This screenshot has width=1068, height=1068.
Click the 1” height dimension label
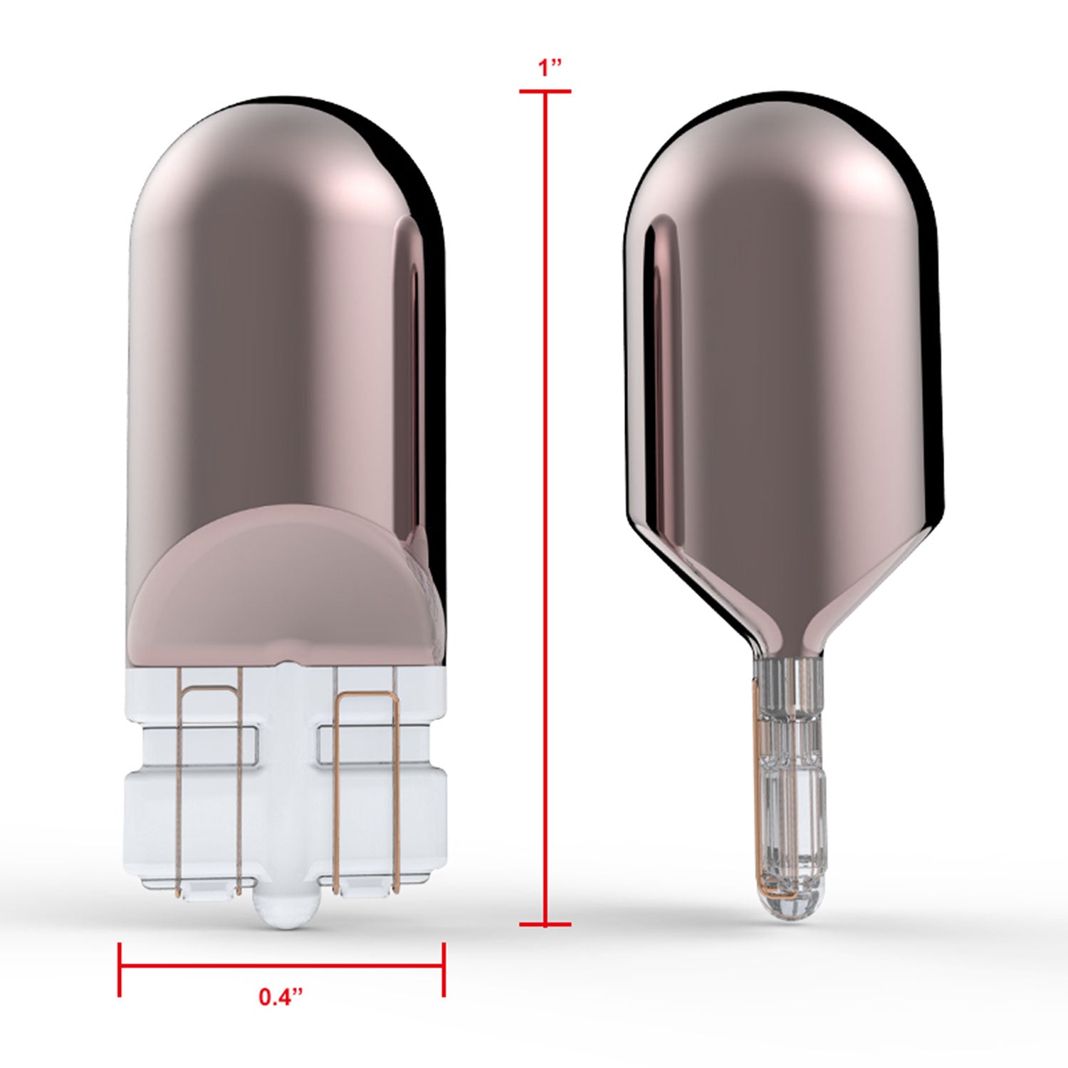click(x=550, y=68)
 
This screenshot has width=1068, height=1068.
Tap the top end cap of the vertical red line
click(x=545, y=92)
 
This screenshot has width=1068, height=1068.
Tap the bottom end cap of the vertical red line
click(x=545, y=925)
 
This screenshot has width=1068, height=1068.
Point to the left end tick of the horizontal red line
click(x=120, y=968)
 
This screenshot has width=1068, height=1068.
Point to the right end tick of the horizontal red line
click(x=444, y=968)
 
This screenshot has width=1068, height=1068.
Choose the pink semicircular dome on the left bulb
click(x=285, y=562)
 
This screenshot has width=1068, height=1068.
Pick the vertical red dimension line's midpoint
click(x=545, y=508)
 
